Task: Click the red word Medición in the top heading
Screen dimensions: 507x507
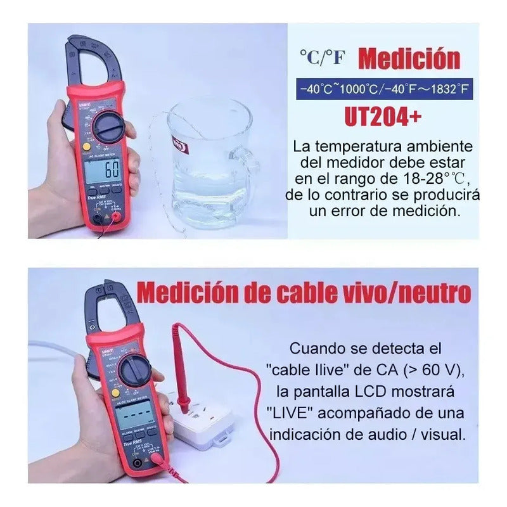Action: [409, 60]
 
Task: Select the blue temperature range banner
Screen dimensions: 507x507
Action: [387, 89]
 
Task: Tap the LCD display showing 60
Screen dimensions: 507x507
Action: [103, 170]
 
